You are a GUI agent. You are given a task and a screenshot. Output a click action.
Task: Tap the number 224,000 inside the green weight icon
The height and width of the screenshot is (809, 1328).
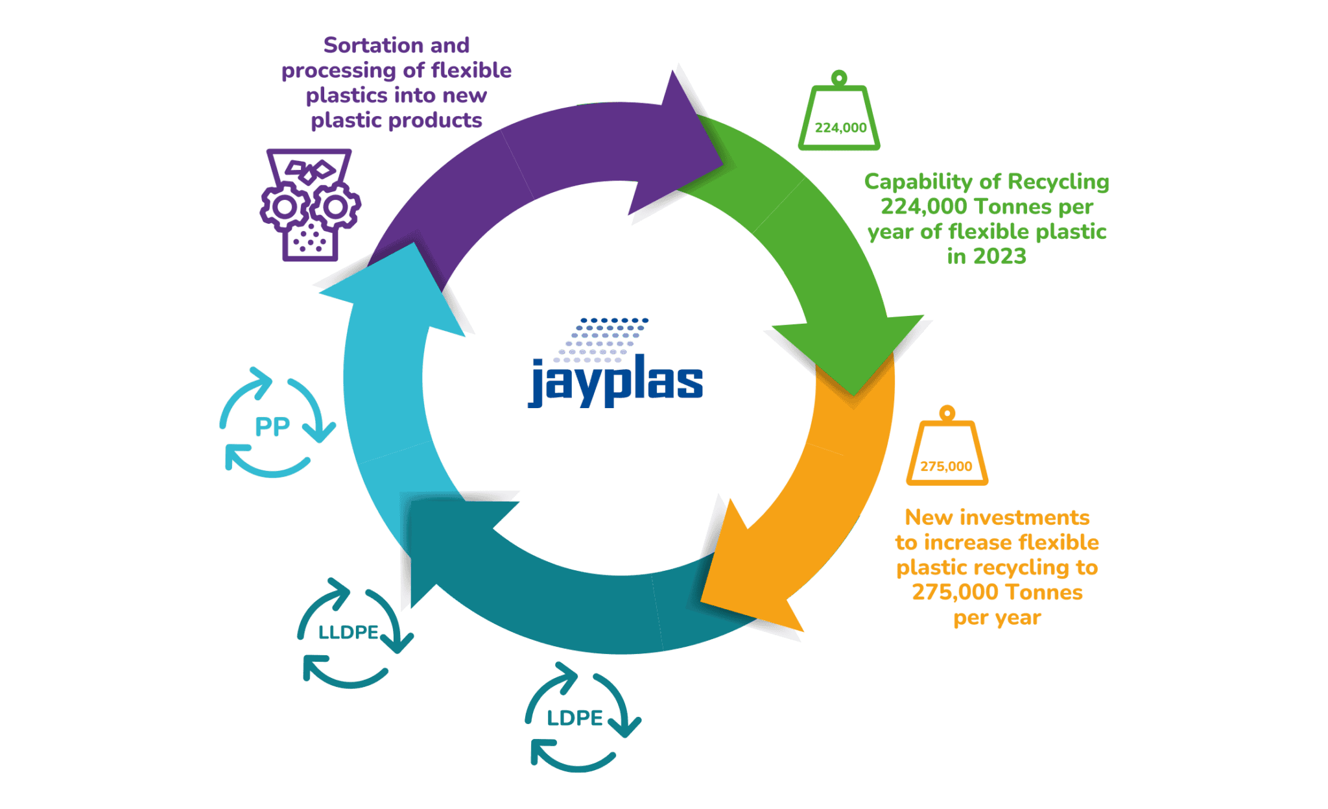840,128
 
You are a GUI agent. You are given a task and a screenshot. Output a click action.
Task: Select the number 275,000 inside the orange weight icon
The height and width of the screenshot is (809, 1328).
946,466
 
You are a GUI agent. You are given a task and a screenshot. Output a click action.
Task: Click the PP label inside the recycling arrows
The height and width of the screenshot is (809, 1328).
272,427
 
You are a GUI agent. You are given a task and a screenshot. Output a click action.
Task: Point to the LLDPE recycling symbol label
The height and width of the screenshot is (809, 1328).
349,632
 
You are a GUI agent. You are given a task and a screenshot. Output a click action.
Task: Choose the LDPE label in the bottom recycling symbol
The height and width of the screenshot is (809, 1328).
575,718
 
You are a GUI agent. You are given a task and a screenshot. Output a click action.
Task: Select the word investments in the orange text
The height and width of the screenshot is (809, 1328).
1024,518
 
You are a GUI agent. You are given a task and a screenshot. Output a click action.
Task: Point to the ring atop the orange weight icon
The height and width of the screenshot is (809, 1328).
947,413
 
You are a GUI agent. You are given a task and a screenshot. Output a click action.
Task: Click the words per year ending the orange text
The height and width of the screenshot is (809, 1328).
997,618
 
